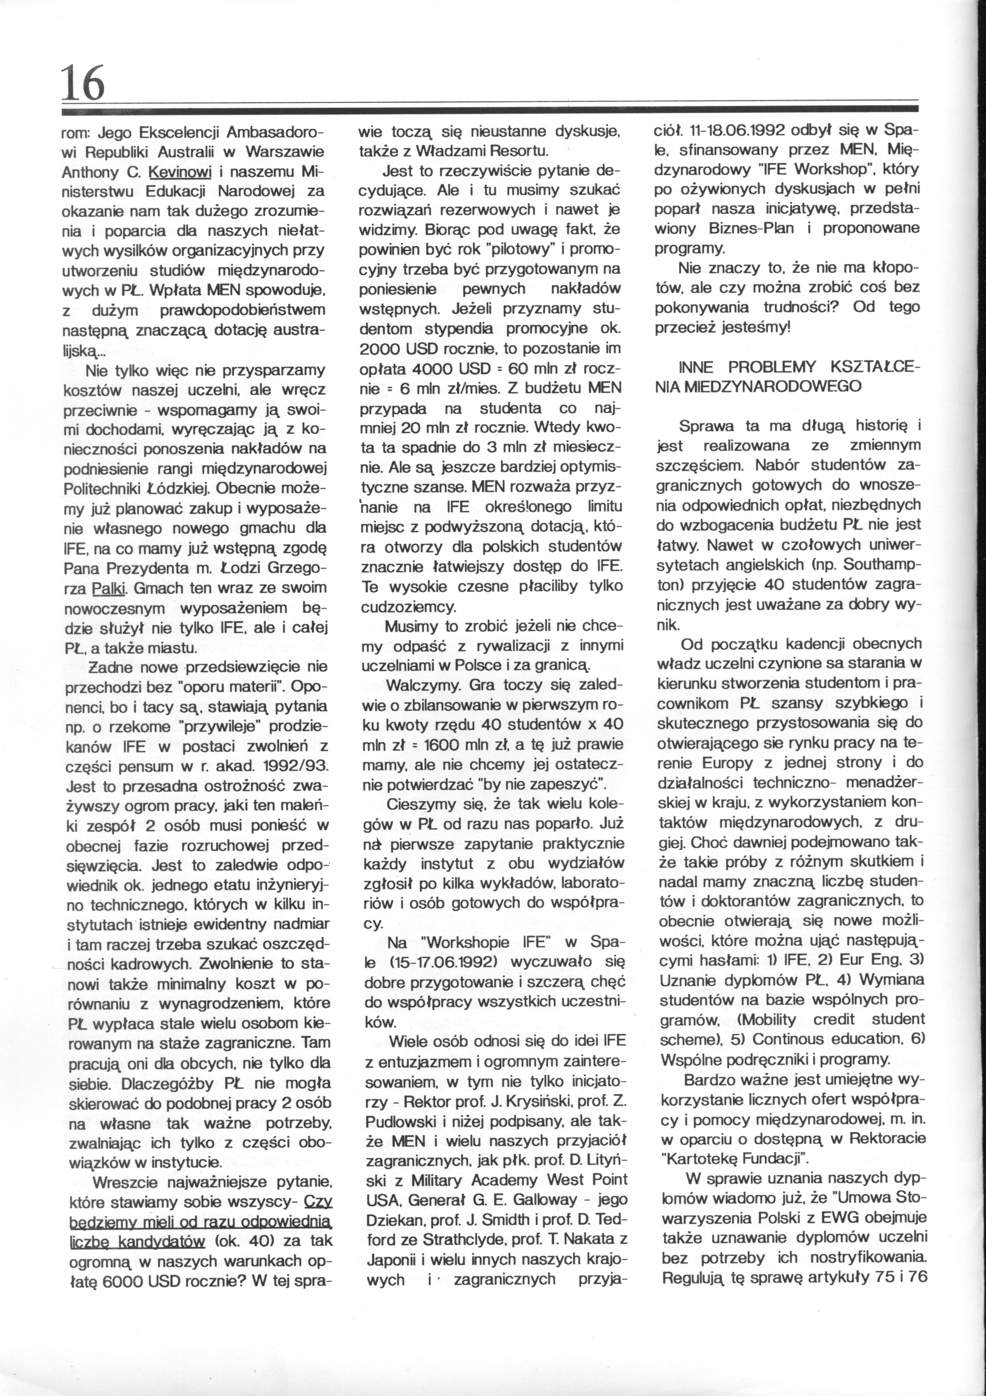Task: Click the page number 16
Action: (83, 83)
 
